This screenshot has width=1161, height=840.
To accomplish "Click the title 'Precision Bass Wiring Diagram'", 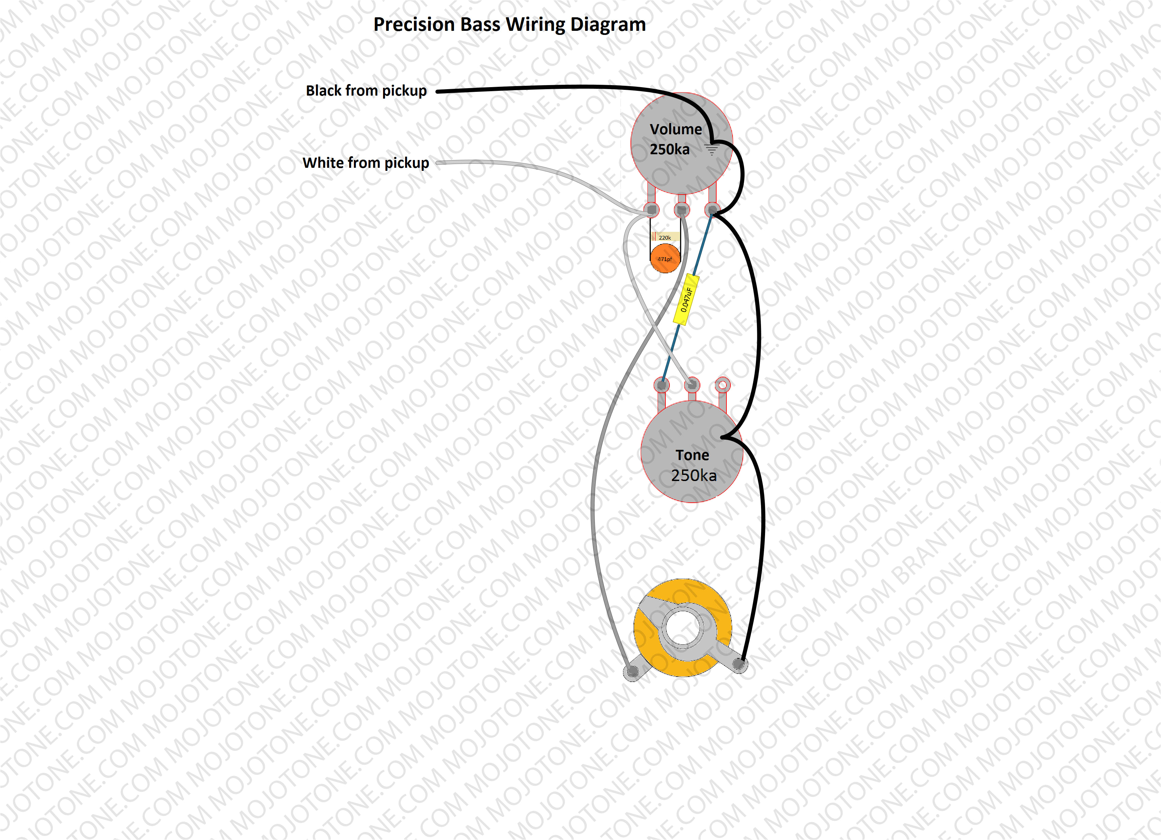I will (x=509, y=24).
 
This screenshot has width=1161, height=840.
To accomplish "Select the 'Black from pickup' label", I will (x=366, y=91).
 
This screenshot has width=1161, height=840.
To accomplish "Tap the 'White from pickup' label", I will (x=365, y=163).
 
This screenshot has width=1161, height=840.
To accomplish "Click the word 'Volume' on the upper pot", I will (x=676, y=129).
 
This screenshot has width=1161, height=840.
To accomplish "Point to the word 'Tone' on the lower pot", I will (x=692, y=455).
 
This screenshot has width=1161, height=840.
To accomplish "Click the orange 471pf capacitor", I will (x=665, y=259).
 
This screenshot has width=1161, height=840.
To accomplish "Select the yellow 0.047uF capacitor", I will (x=686, y=299).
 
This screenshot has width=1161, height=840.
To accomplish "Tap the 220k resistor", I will (x=665, y=237).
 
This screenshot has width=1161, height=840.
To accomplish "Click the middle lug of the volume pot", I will (x=682, y=209).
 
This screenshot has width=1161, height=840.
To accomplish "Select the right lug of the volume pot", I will (x=712, y=209).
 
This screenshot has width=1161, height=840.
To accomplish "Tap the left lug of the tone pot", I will (x=662, y=384).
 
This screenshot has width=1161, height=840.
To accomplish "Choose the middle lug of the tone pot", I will (x=692, y=384).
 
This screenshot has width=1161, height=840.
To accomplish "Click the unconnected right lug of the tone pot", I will (x=722, y=384).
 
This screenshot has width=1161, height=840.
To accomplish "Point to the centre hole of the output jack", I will (x=682, y=628).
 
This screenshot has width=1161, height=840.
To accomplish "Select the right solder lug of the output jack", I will (x=739, y=664).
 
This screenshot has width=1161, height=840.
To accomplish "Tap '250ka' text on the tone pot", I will (x=694, y=476).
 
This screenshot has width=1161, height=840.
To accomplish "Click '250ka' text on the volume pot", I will (x=669, y=149).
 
